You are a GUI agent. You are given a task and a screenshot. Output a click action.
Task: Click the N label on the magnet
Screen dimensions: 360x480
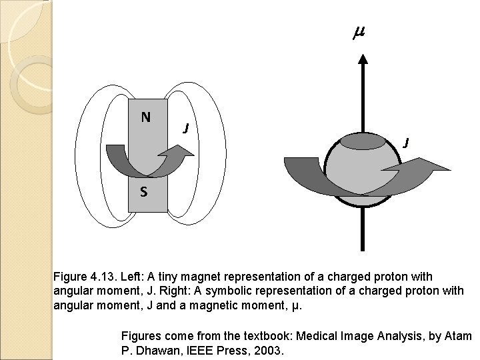(x=145, y=117)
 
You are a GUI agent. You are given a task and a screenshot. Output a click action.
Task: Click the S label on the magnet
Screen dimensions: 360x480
(x=143, y=193)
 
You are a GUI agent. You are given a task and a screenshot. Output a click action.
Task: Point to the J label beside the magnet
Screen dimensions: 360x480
(x=188, y=127)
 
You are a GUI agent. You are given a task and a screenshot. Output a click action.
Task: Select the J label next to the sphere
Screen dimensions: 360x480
(x=406, y=142)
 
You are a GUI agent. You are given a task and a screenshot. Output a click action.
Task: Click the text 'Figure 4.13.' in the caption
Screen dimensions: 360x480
(x=84, y=277)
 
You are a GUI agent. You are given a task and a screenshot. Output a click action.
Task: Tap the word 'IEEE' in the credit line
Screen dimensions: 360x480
(x=197, y=348)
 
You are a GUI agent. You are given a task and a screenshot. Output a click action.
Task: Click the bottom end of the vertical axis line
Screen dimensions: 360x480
(x=362, y=247)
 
